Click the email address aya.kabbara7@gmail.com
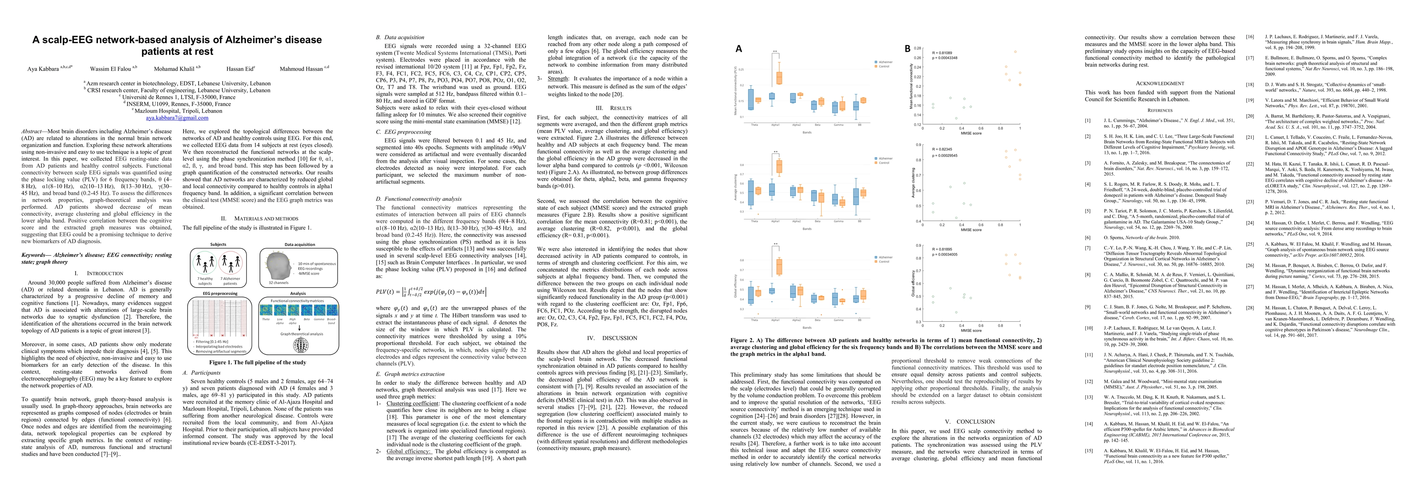coord(177,118)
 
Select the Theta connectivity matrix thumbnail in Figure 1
coord(266,310)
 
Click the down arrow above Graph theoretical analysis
coord(298,328)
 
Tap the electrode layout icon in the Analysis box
coord(301,345)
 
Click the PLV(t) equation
coord(431,292)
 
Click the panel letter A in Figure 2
coord(739,49)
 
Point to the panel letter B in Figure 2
coord(908,49)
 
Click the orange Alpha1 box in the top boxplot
coord(779,78)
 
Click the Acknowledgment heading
coord(1159,83)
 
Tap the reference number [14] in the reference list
coord(1088,424)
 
